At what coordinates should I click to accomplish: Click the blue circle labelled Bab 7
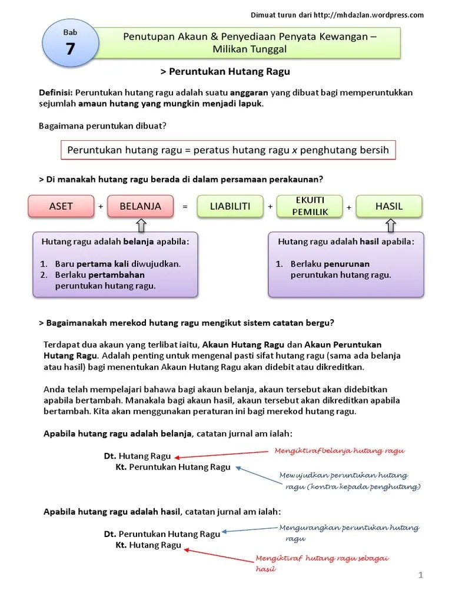coord(70,44)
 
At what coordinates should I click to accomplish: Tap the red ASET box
coord(61,206)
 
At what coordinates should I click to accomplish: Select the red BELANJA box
coord(140,206)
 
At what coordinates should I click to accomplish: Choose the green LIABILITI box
coord(230,206)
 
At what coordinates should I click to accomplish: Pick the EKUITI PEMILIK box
coord(310,206)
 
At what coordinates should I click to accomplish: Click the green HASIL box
coord(388,206)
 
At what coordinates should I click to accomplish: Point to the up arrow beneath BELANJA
coord(141,225)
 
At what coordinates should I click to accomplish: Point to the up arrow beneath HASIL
coord(391,225)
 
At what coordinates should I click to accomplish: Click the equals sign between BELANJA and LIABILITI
coord(184,207)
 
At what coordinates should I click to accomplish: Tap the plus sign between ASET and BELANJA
coord(101,207)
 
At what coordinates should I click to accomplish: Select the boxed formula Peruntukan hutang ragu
coord(228,150)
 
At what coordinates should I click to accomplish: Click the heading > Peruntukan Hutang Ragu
coord(225,72)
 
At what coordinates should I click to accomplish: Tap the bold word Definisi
coord(55,93)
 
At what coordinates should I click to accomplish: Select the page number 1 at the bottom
coord(421,575)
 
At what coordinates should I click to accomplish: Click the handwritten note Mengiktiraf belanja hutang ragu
coord(340,450)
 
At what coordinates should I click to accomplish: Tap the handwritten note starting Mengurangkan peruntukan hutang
coord(349,533)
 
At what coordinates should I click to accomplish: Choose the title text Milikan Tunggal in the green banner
coord(250,49)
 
